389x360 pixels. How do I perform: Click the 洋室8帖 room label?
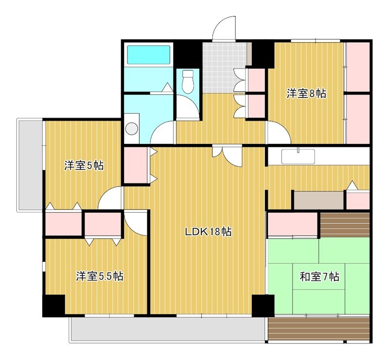click(306, 94)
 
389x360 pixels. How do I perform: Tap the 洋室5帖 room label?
click(84, 166)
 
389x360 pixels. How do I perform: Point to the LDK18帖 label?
click(208, 232)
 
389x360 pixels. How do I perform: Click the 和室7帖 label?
click(319, 277)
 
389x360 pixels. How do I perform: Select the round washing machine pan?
click(132, 128)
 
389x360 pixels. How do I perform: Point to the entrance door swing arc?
click(224, 27)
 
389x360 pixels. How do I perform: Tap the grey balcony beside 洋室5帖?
click(30, 164)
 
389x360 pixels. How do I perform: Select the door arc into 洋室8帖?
click(278, 132)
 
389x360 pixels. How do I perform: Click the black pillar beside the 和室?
click(263, 306)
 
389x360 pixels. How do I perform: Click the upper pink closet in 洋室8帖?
click(357, 66)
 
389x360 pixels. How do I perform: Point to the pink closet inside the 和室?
click(292, 224)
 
